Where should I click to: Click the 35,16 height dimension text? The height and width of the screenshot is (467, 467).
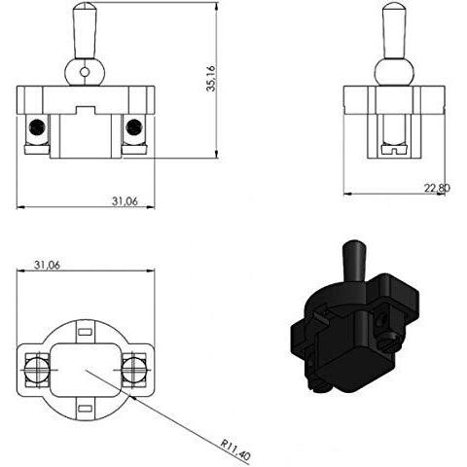click(211, 78)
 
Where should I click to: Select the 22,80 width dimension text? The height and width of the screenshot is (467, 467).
click(437, 188)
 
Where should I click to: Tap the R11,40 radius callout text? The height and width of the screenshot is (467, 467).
click(235, 449)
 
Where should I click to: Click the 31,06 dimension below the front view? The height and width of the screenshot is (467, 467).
click(125, 201)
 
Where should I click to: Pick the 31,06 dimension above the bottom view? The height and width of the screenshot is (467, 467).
click(47, 266)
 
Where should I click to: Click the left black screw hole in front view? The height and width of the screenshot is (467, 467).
click(36, 126)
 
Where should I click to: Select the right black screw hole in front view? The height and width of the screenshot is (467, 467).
click(133, 126)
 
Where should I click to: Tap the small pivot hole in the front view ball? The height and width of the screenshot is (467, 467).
click(85, 72)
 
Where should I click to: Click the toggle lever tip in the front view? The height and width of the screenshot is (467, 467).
click(85, 7)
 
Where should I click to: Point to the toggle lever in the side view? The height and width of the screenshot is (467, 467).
click(394, 31)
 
